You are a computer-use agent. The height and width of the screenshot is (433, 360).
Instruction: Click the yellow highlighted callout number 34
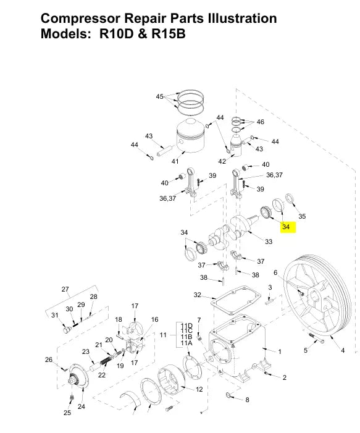tap(285, 227)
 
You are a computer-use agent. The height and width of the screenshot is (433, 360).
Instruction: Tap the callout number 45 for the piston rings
tap(159, 96)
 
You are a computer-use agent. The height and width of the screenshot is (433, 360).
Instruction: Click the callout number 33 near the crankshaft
tap(269, 242)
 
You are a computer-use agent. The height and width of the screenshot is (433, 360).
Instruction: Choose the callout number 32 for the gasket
tap(197, 295)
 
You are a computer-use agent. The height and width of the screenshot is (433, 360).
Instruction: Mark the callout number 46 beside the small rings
tap(260, 122)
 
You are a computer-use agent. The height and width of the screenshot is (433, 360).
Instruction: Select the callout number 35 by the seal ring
tap(302, 216)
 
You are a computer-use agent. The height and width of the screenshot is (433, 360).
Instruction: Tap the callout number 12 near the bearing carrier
tap(199, 389)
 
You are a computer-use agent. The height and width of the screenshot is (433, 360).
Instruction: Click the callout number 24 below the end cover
tap(81, 407)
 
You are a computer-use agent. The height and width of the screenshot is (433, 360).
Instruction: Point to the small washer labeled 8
tap(228, 395)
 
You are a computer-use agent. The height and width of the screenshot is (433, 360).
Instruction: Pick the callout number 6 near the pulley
tap(275, 272)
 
